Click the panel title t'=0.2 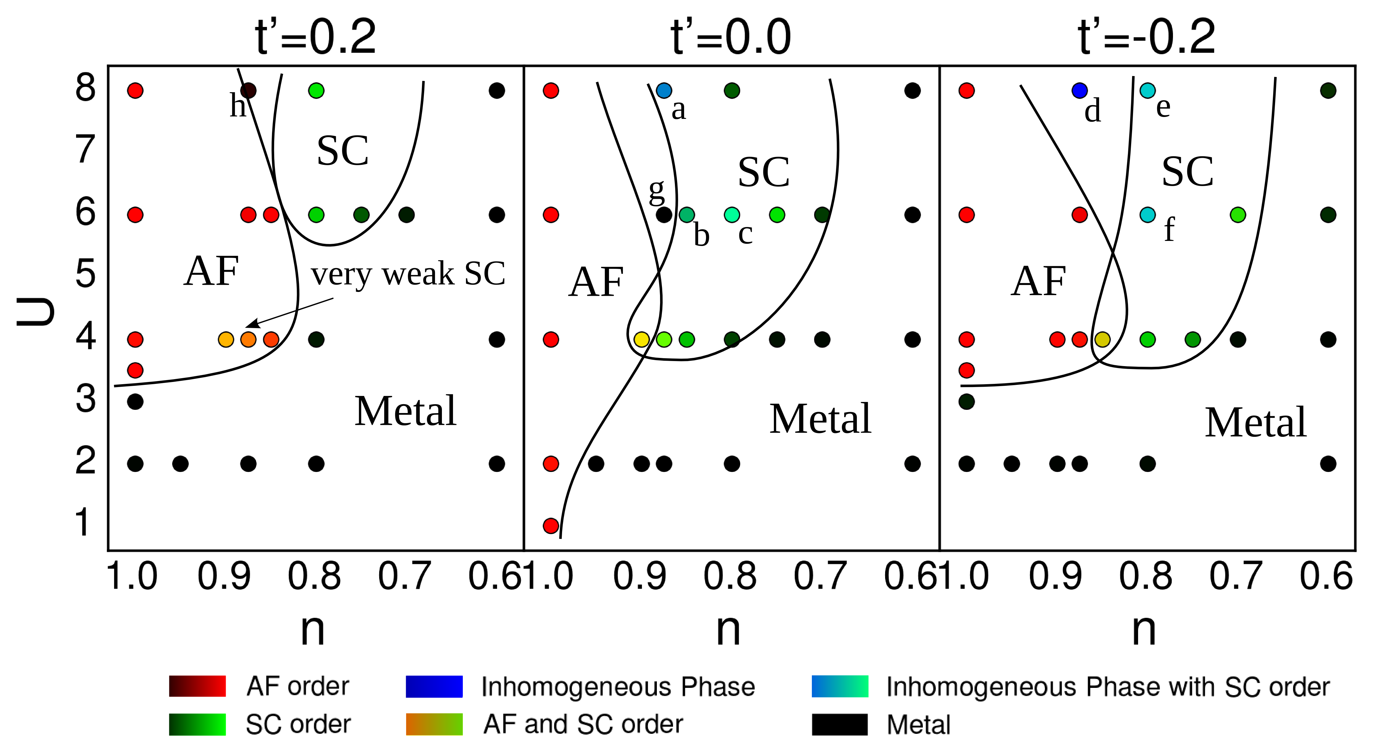315,37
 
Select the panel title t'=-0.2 1146,37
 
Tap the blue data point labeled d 1079,91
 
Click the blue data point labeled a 664,91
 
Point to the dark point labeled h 248,91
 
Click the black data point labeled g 664,215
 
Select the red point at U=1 551,526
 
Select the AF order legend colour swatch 197,686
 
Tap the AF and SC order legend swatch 434,724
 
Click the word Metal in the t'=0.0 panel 820,419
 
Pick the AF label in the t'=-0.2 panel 1038,281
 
